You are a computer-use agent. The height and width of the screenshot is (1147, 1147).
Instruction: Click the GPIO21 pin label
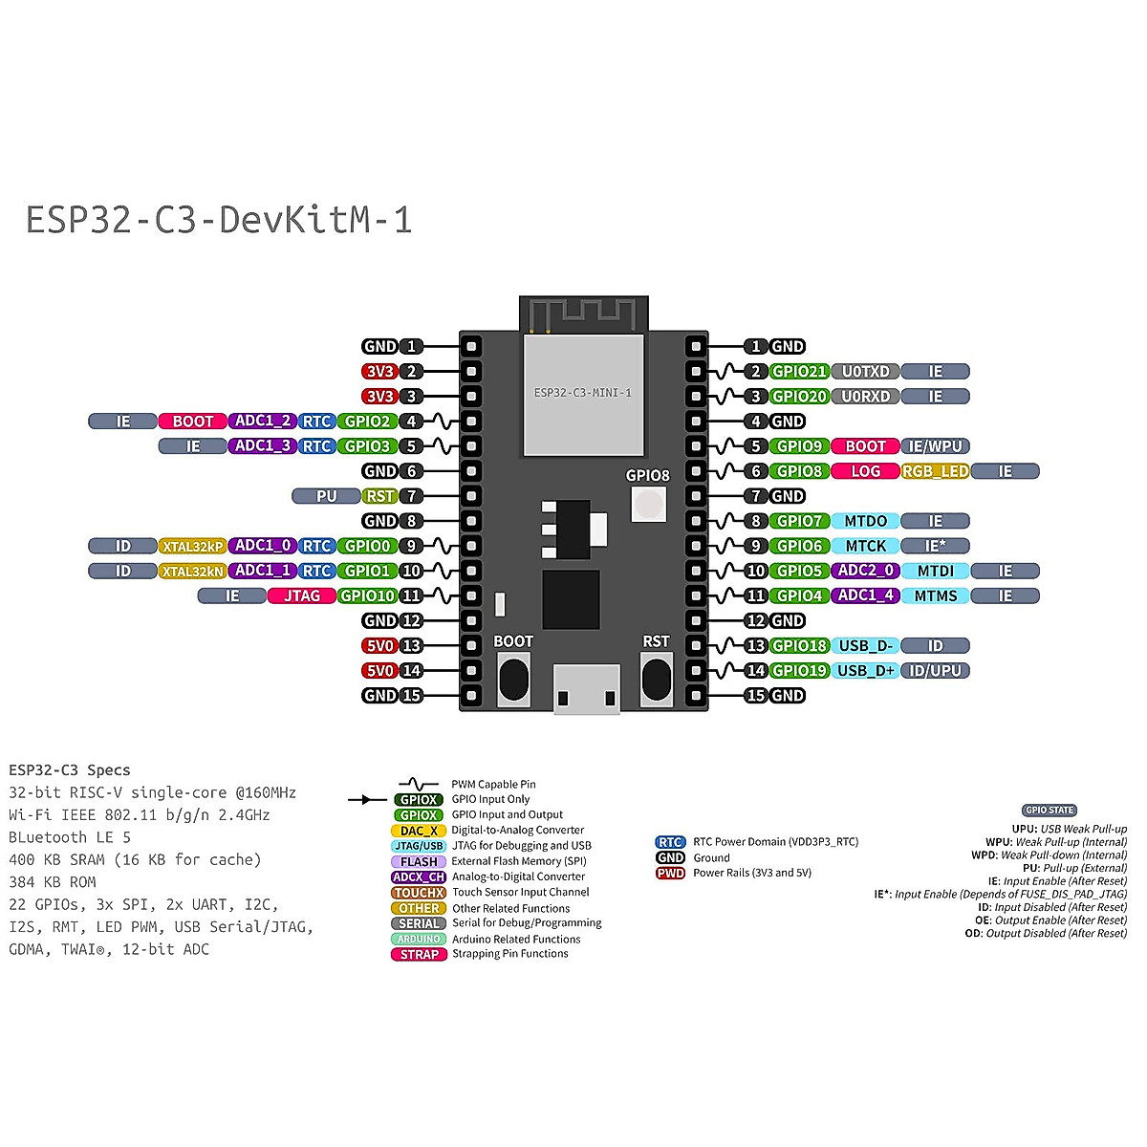(799, 372)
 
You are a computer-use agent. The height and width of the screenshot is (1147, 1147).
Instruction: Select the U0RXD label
(865, 397)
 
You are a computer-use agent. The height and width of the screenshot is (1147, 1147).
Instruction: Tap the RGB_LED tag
(935, 471)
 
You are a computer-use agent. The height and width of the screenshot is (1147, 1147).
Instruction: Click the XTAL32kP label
(193, 547)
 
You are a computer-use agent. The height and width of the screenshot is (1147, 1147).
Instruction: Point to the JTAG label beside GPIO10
(302, 595)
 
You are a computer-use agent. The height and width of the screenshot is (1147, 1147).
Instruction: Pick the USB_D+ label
(865, 671)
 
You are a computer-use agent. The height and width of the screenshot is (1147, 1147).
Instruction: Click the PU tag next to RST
(326, 496)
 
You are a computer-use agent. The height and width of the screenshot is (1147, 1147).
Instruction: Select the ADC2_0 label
(865, 571)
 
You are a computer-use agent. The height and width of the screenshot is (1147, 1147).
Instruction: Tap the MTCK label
(865, 547)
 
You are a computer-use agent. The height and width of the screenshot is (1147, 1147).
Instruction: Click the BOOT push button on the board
(513, 680)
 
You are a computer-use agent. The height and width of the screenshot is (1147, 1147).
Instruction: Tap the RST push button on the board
(657, 680)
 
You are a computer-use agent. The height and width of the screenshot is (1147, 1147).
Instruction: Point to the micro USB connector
(586, 688)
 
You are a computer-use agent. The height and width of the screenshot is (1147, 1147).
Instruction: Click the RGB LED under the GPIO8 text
(649, 504)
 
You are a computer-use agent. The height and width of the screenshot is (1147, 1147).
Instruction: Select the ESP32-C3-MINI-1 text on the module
(583, 393)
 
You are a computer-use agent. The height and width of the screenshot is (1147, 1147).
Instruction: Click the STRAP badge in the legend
(419, 955)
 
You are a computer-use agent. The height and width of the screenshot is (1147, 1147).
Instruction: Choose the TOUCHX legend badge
(419, 893)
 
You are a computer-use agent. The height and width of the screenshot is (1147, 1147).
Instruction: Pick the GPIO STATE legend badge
(1050, 811)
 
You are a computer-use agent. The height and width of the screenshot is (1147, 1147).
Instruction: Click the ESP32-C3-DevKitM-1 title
(219, 220)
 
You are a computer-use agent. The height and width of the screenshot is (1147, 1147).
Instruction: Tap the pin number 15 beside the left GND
(411, 696)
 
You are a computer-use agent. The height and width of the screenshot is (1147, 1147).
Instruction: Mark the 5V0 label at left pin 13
(379, 646)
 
